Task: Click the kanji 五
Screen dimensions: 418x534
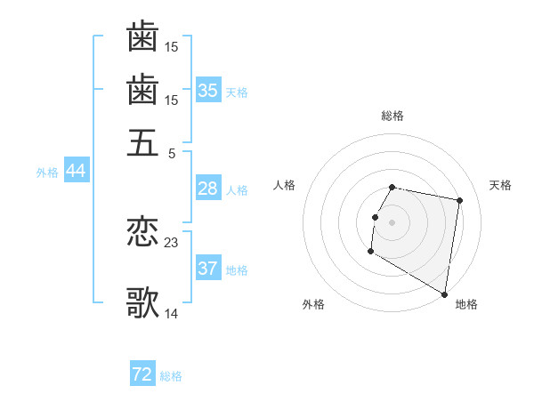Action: click(x=142, y=142)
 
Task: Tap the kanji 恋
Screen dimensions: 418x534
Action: click(x=142, y=232)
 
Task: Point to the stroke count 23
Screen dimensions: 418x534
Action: click(x=172, y=242)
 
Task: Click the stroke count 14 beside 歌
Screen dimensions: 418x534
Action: click(x=172, y=313)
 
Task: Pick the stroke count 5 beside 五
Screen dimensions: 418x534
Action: click(x=171, y=152)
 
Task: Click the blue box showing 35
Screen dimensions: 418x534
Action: click(x=207, y=91)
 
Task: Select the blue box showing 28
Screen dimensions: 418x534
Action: click(x=207, y=189)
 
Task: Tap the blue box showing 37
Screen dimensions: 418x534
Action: click(x=207, y=269)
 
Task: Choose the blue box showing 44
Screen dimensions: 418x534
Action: click(x=76, y=172)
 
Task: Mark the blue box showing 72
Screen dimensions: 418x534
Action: click(x=142, y=374)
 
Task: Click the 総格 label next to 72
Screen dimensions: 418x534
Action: click(x=171, y=376)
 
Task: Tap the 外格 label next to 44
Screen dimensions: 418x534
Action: click(x=47, y=173)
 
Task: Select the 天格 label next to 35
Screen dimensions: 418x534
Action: click(x=237, y=92)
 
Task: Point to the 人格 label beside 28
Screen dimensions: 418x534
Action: click(x=237, y=190)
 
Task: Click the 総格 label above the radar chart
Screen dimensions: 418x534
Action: click(x=392, y=116)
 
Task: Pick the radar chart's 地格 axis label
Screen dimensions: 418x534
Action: click(x=466, y=305)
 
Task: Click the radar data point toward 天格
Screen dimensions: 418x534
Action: click(x=459, y=202)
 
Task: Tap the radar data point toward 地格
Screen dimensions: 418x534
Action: click(x=445, y=294)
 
